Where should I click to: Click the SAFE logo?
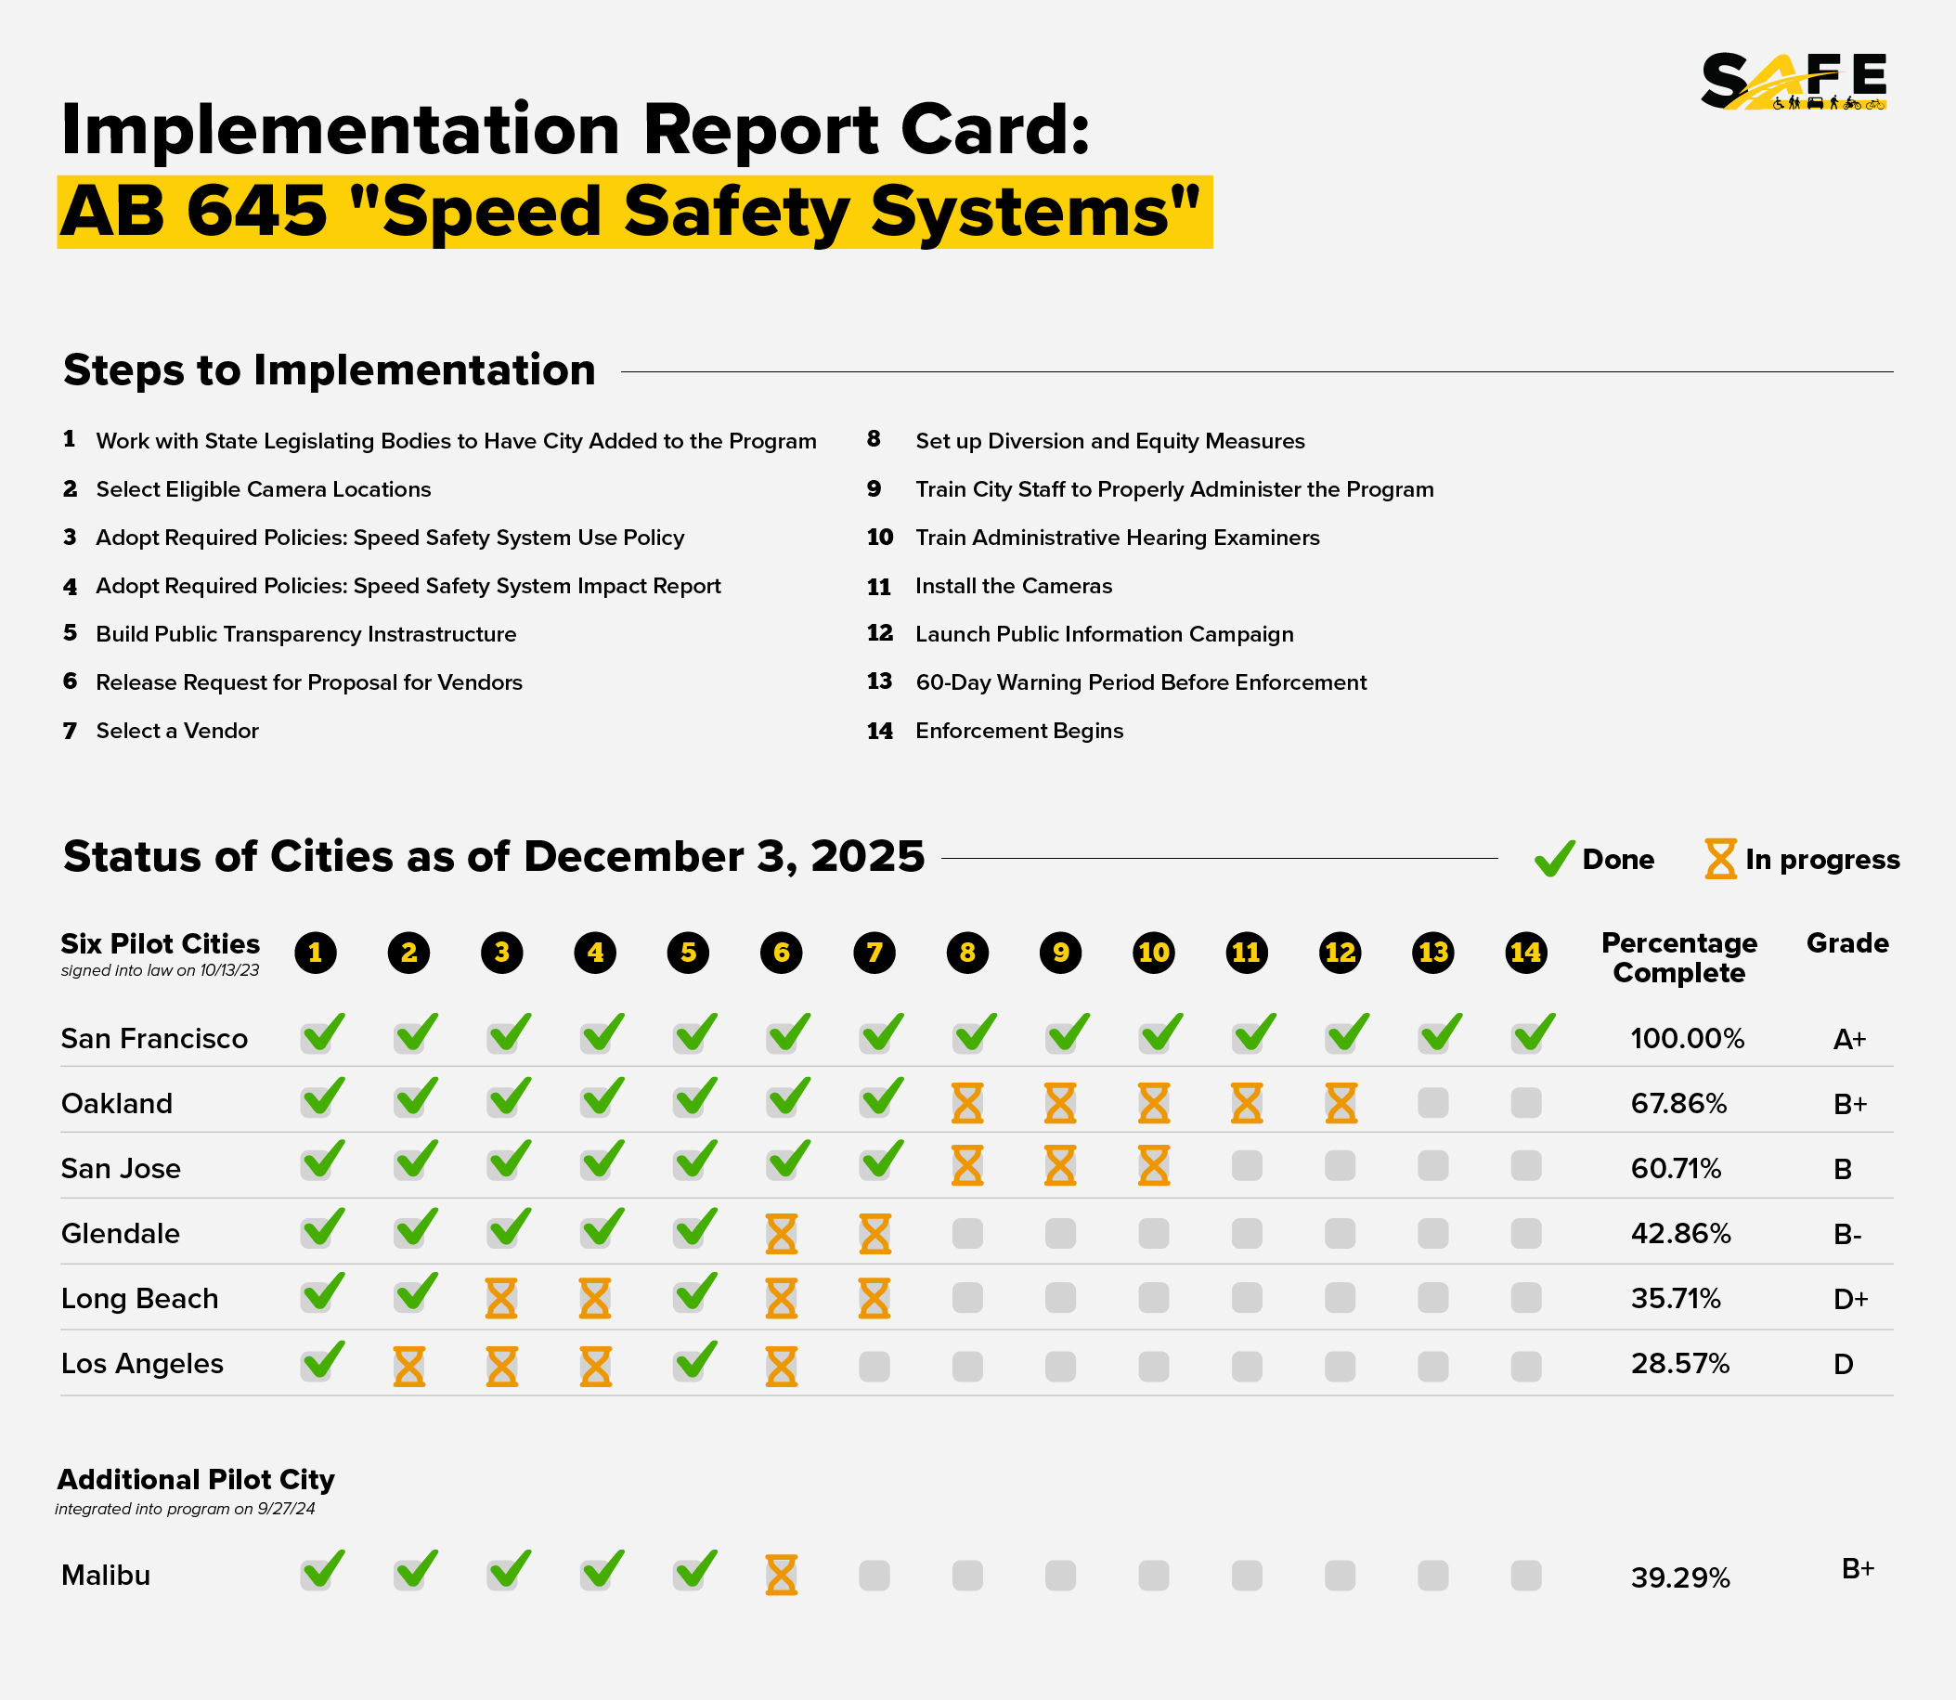[1793, 82]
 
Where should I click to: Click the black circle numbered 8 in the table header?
[967, 953]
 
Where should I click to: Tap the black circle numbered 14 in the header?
[1526, 953]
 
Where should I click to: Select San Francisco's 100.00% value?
[1688, 1039]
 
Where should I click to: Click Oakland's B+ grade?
[1850, 1104]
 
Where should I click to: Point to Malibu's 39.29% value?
[1681, 1577]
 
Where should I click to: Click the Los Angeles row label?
[142, 1363]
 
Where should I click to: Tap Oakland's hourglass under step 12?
[1341, 1103]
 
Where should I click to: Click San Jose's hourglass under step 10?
[1154, 1166]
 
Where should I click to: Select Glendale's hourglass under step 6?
[782, 1233]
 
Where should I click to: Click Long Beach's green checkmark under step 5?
[696, 1293]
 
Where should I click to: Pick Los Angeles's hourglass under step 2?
[409, 1367]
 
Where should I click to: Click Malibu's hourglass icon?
[782, 1575]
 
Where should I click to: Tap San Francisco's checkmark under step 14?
[1534, 1032]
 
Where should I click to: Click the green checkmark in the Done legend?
[1555, 859]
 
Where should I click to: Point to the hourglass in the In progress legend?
[1721, 859]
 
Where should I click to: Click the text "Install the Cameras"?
[1013, 586]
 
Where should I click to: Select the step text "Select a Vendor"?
[177, 731]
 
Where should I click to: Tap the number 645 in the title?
[257, 211]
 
